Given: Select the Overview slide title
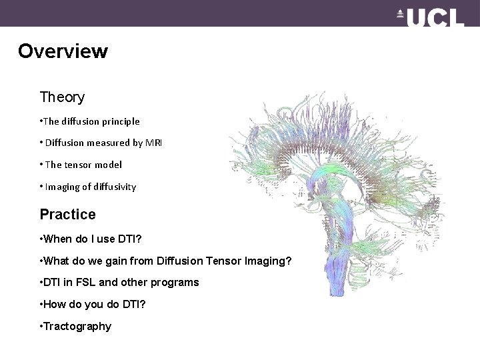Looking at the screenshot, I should [x=63, y=51].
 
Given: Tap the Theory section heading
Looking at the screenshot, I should [x=62, y=97].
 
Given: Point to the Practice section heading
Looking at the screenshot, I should [x=67, y=215].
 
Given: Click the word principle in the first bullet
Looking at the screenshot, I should [x=119, y=121].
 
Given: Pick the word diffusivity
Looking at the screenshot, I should [x=113, y=187].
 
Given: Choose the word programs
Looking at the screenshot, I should [x=176, y=283].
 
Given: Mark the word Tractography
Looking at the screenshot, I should [x=78, y=327].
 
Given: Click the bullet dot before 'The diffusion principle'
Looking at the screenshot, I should [x=41, y=121].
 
